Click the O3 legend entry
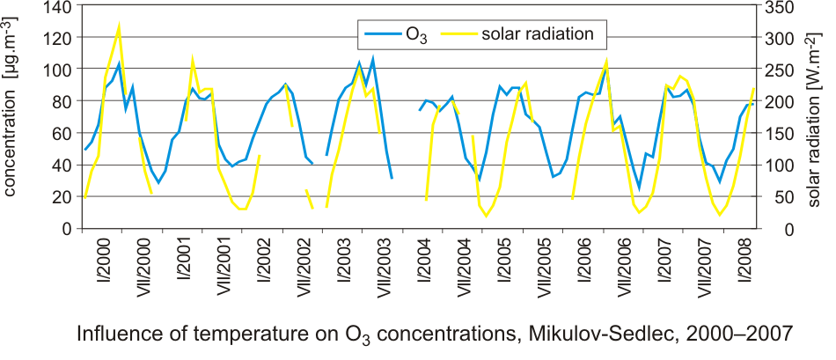point(396,34)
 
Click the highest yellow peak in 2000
point(119,25)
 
